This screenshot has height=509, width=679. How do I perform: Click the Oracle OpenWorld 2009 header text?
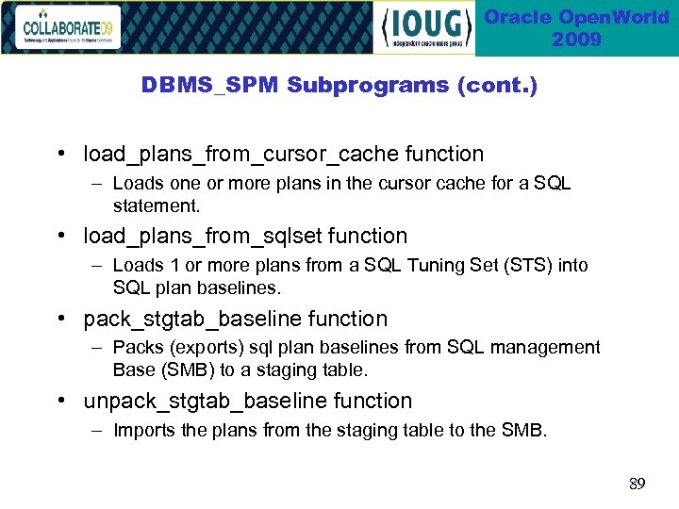576,28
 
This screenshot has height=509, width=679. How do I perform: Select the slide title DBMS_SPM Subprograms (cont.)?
339,85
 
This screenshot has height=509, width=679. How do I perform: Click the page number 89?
638,484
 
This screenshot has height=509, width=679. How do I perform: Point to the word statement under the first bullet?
155,205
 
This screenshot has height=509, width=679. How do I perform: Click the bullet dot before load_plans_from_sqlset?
59,237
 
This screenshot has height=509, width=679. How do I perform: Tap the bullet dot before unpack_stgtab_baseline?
59,402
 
